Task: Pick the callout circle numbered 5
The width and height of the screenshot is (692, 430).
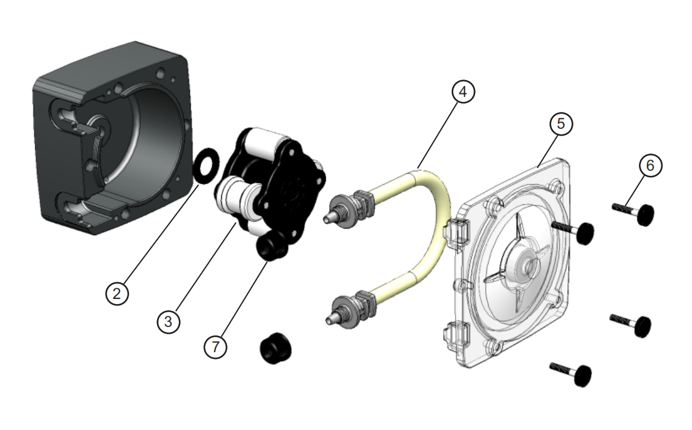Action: [561, 124]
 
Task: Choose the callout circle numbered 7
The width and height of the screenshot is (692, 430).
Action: [216, 347]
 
